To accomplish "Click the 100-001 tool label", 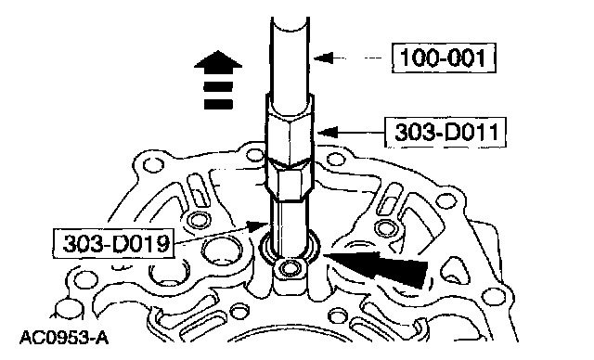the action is [444, 58].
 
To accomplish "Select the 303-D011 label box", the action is [445, 133].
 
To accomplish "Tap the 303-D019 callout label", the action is [114, 243].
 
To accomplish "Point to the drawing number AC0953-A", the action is [64, 338].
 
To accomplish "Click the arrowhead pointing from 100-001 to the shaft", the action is [324, 58].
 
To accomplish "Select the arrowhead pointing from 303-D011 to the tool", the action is [328, 133].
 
